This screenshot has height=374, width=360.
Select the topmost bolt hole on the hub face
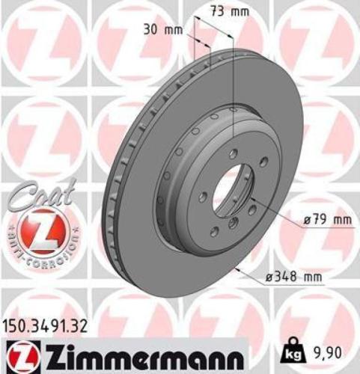click(233, 153)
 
